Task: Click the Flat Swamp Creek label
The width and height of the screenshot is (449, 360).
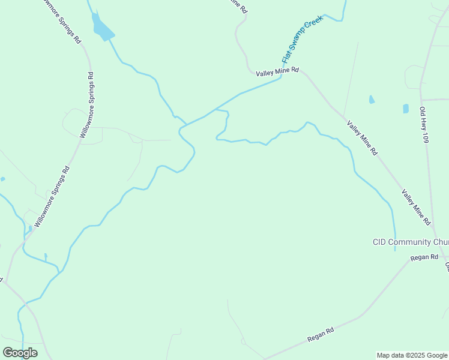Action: [x=303, y=39]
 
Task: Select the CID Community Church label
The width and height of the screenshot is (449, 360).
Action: [x=411, y=242]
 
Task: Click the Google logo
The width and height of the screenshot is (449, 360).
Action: [x=20, y=353]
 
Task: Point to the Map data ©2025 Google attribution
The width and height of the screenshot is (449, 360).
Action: [x=412, y=355]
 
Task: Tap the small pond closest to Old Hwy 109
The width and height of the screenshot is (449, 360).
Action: [x=406, y=109]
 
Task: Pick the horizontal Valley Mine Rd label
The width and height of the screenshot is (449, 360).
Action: [x=277, y=72]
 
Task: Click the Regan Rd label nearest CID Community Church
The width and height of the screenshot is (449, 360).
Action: [x=424, y=257]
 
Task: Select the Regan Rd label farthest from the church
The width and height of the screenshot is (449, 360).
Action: [x=320, y=335]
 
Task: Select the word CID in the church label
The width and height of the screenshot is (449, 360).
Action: [x=379, y=242]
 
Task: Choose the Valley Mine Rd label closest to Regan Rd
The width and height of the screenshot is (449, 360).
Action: [x=416, y=208]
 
